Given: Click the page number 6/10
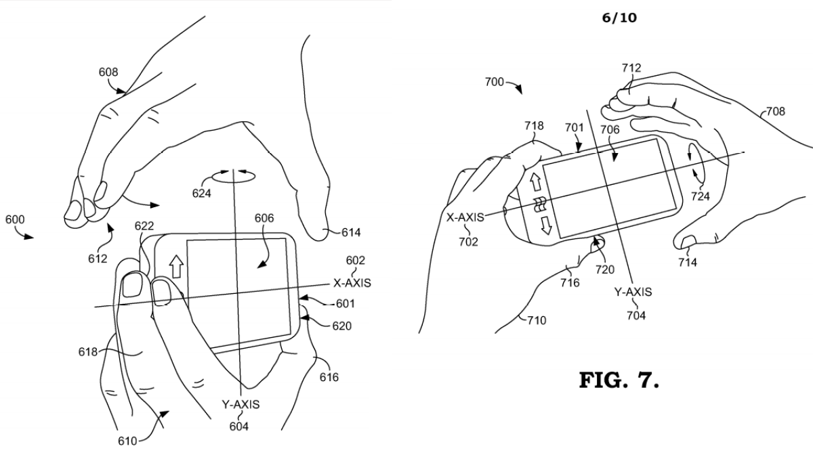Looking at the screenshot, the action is pos(619,18).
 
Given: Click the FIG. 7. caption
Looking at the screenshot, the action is pos(619,380).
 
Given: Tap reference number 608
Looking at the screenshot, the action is pos(108,72).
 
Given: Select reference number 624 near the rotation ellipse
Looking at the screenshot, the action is pos(201,194).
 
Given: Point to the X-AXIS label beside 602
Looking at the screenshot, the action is pos(352,283).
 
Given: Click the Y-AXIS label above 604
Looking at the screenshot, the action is pos(241,404).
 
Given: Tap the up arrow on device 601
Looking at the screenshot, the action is pos(177,266).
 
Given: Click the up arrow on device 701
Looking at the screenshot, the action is pos(536,181).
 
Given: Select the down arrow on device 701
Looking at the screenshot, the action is pos(546,225).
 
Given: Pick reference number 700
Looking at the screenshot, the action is pos(495,83).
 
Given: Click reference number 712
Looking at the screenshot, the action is pos(631,68).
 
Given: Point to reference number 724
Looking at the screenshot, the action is pos(700,196).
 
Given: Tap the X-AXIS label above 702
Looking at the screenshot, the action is pos(465,217).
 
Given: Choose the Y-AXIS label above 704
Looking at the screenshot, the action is pos(633,292).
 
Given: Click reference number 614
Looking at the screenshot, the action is pos(351,232).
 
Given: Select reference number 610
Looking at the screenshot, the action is pos(127,441).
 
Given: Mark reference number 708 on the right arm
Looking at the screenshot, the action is pos(775,111).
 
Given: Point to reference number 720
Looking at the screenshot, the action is pos(604,269).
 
